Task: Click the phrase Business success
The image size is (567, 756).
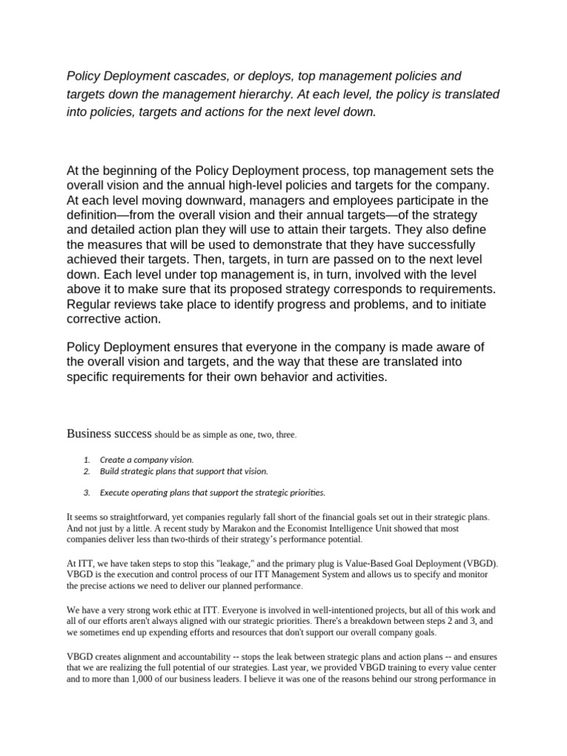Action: pyautogui.click(x=109, y=433)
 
